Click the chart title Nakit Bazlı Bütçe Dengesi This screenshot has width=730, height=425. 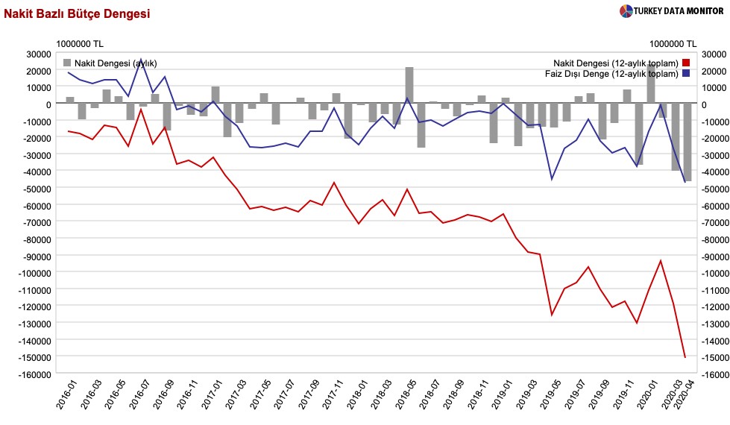(77, 13)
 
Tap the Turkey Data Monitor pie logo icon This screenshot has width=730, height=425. (626, 10)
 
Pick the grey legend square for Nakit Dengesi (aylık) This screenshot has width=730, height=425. (68, 63)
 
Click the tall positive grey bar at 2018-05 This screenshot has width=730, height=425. (409, 85)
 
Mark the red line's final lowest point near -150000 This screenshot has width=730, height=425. (685, 357)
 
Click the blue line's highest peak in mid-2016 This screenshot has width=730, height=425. (142, 60)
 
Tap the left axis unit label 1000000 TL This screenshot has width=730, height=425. (79, 43)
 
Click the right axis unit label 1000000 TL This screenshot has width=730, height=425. (673, 43)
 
